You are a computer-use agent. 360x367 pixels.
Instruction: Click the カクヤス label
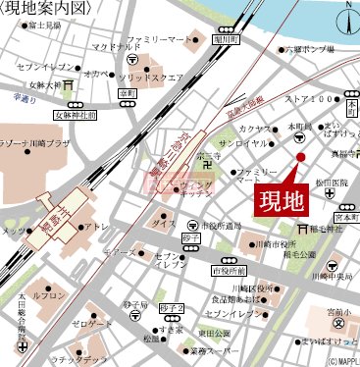[x=253, y=129]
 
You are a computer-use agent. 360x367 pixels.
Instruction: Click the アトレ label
[x=97, y=226]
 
